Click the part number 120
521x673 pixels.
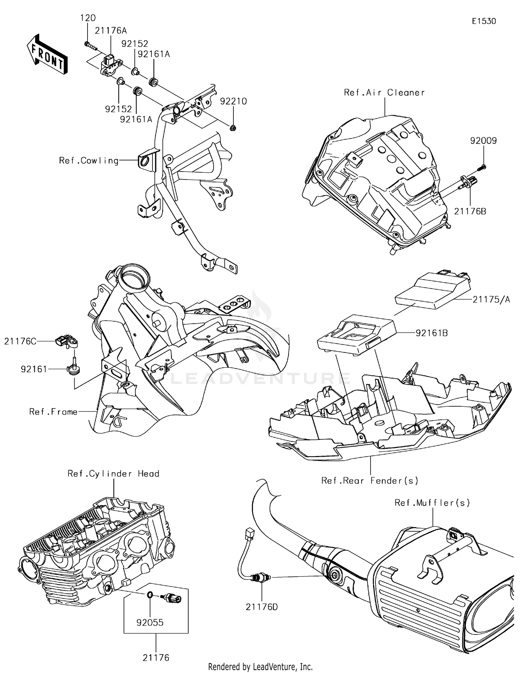pyautogui.click(x=88, y=18)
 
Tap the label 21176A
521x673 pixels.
pyautogui.click(x=111, y=31)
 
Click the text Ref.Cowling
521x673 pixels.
pyautogui.click(x=89, y=161)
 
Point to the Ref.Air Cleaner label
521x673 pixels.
pyautogui.click(x=384, y=93)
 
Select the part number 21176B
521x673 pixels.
pyautogui.click(x=470, y=211)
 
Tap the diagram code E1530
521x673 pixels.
pyautogui.click(x=484, y=21)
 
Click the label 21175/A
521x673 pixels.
pyautogui.click(x=491, y=299)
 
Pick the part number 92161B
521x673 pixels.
pyautogui.click(x=432, y=333)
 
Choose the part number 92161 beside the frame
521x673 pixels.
pyautogui.click(x=34, y=369)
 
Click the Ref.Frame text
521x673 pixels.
pyautogui.click(x=53, y=412)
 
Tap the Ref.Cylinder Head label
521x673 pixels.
pyautogui.click(x=113, y=474)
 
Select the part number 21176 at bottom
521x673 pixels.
pyautogui.click(x=156, y=658)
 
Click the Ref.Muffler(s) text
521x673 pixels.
pyautogui.click(x=432, y=503)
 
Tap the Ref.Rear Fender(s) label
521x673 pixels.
pyautogui.click(x=370, y=481)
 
